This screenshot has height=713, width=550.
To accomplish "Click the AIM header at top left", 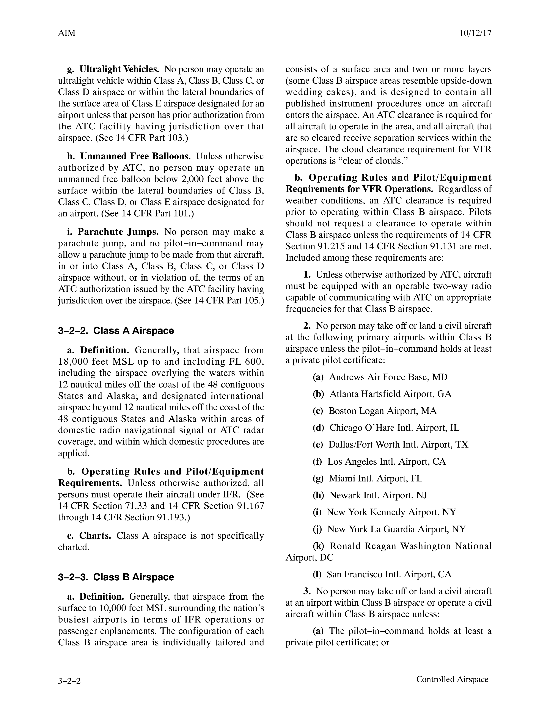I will coord(66,33).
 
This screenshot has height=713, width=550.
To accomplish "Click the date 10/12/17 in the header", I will coord(475,33).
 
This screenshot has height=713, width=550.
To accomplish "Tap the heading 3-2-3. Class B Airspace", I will coord(116,577).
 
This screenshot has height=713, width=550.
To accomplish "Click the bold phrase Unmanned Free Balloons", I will coord(135,156).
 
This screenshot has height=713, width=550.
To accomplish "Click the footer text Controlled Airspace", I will coord(452,679).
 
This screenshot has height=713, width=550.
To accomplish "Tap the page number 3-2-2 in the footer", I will coord(69,681).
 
